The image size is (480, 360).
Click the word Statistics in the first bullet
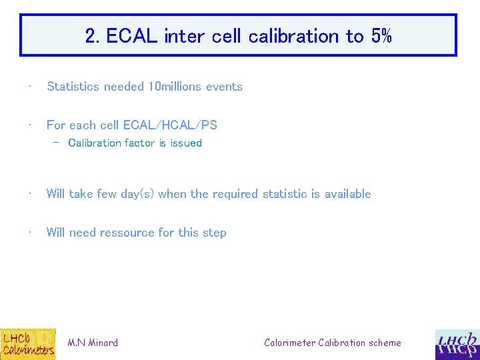coord(73,87)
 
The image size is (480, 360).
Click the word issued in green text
coord(186,143)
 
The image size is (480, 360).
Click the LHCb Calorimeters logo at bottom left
coord(28,343)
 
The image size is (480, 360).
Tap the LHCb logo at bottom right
coord(457,345)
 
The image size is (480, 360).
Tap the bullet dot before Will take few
coord(30,193)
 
